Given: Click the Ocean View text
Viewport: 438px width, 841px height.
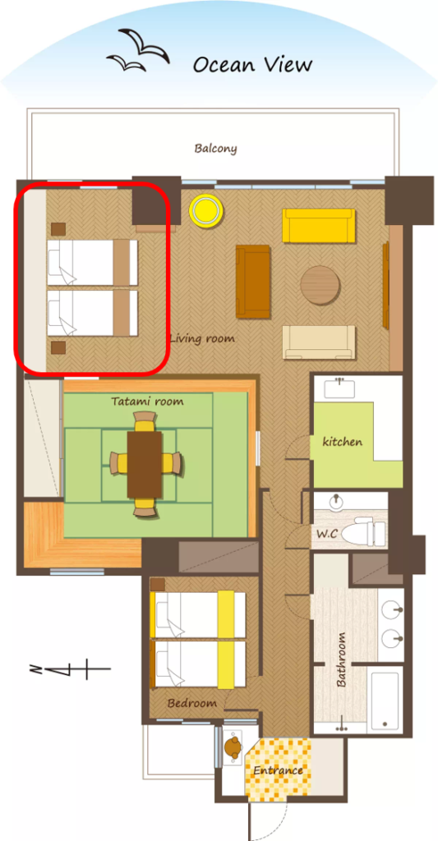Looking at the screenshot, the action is pyautogui.click(x=252, y=65).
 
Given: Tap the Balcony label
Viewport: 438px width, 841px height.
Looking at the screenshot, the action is pyautogui.click(x=216, y=149).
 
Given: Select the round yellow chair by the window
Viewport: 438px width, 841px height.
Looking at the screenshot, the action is pyautogui.click(x=205, y=209).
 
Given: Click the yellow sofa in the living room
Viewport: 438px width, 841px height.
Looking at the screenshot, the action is pyautogui.click(x=319, y=226).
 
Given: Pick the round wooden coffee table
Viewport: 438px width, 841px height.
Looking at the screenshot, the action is pyautogui.click(x=320, y=285).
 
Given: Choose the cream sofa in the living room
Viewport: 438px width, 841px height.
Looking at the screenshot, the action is pyautogui.click(x=319, y=342).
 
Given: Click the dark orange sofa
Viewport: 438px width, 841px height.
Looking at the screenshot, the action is pyautogui.click(x=253, y=282).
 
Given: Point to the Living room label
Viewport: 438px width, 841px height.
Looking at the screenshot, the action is pyautogui.click(x=202, y=339).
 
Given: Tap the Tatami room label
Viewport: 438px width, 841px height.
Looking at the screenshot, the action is pyautogui.click(x=148, y=401).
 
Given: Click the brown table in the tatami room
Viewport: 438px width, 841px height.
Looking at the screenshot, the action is pyautogui.click(x=145, y=465).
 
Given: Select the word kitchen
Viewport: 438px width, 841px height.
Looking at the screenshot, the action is pyautogui.click(x=343, y=442).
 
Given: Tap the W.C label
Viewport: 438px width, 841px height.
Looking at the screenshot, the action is pyautogui.click(x=326, y=535).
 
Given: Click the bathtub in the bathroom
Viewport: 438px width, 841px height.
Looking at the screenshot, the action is pyautogui.click(x=385, y=700).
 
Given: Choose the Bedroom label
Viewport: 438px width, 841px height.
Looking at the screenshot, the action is pyautogui.click(x=191, y=703).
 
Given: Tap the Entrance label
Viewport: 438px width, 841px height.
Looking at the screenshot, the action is pyautogui.click(x=278, y=770).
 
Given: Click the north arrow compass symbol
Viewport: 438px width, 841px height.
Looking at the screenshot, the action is pyautogui.click(x=70, y=670).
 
